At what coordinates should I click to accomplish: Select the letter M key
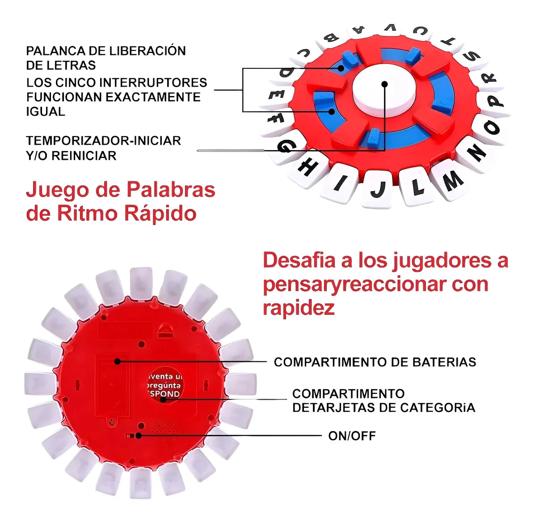tap(452, 181)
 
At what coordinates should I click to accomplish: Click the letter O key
tap(491, 128)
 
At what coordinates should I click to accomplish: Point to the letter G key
tap(286, 146)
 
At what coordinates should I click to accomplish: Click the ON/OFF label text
tap(352, 436)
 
